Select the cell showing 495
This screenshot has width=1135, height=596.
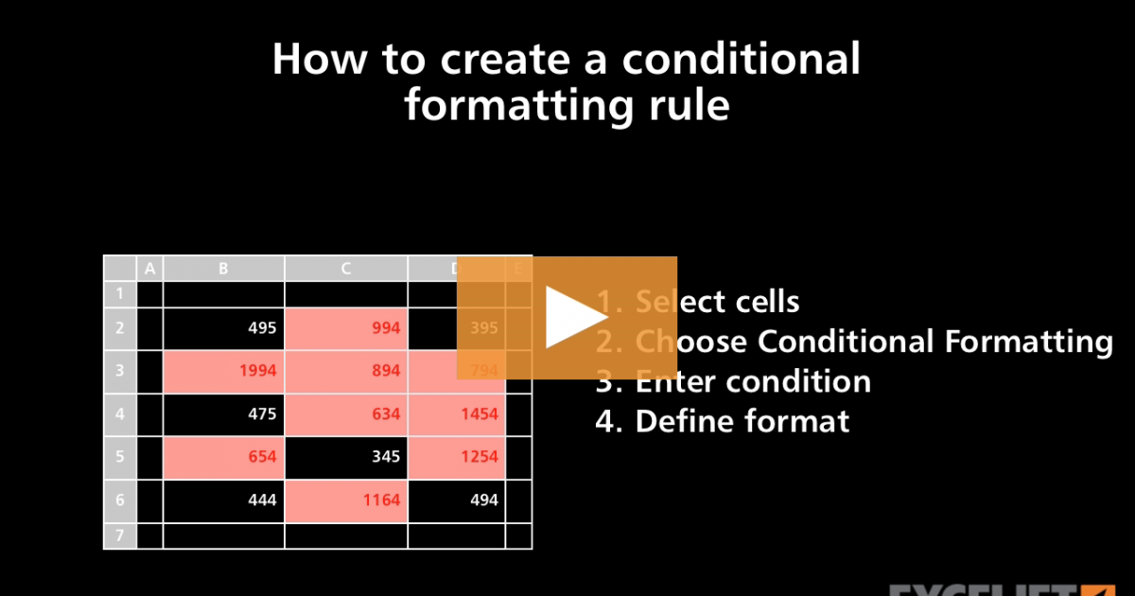click(x=224, y=328)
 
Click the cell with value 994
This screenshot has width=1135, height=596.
click(x=346, y=328)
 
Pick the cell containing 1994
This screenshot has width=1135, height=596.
click(x=224, y=371)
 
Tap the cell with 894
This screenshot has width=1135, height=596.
click(x=346, y=371)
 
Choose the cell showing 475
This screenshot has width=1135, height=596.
click(x=224, y=414)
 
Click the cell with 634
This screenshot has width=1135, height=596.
click(x=346, y=414)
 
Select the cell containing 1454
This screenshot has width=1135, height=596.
click(x=458, y=414)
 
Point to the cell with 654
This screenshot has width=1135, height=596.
click(x=224, y=457)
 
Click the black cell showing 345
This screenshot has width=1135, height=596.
click(x=346, y=457)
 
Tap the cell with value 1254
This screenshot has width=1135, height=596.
click(x=458, y=457)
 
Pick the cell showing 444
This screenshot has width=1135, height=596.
click(x=224, y=500)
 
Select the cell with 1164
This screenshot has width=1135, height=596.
click(x=346, y=500)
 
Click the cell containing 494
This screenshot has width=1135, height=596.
click(x=458, y=500)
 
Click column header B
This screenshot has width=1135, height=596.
click(x=224, y=269)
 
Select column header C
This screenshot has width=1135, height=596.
click(x=346, y=269)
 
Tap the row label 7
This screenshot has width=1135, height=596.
click(x=120, y=536)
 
